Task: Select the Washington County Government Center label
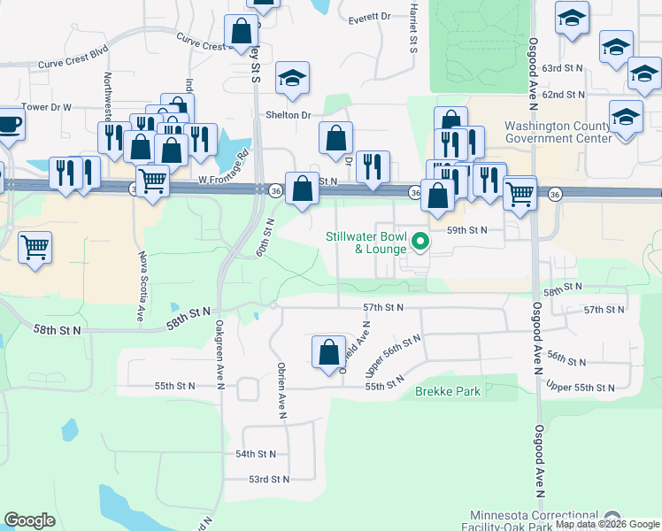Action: point(558,132)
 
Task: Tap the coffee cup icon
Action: point(8,123)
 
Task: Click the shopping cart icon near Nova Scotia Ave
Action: point(35,247)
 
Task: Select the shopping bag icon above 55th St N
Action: point(328,351)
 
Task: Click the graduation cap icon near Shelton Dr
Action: point(292,79)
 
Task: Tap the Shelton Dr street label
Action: point(289,115)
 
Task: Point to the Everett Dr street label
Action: point(369,17)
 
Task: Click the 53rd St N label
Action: point(268,479)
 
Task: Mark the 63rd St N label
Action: point(564,68)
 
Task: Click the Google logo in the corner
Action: point(29,520)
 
